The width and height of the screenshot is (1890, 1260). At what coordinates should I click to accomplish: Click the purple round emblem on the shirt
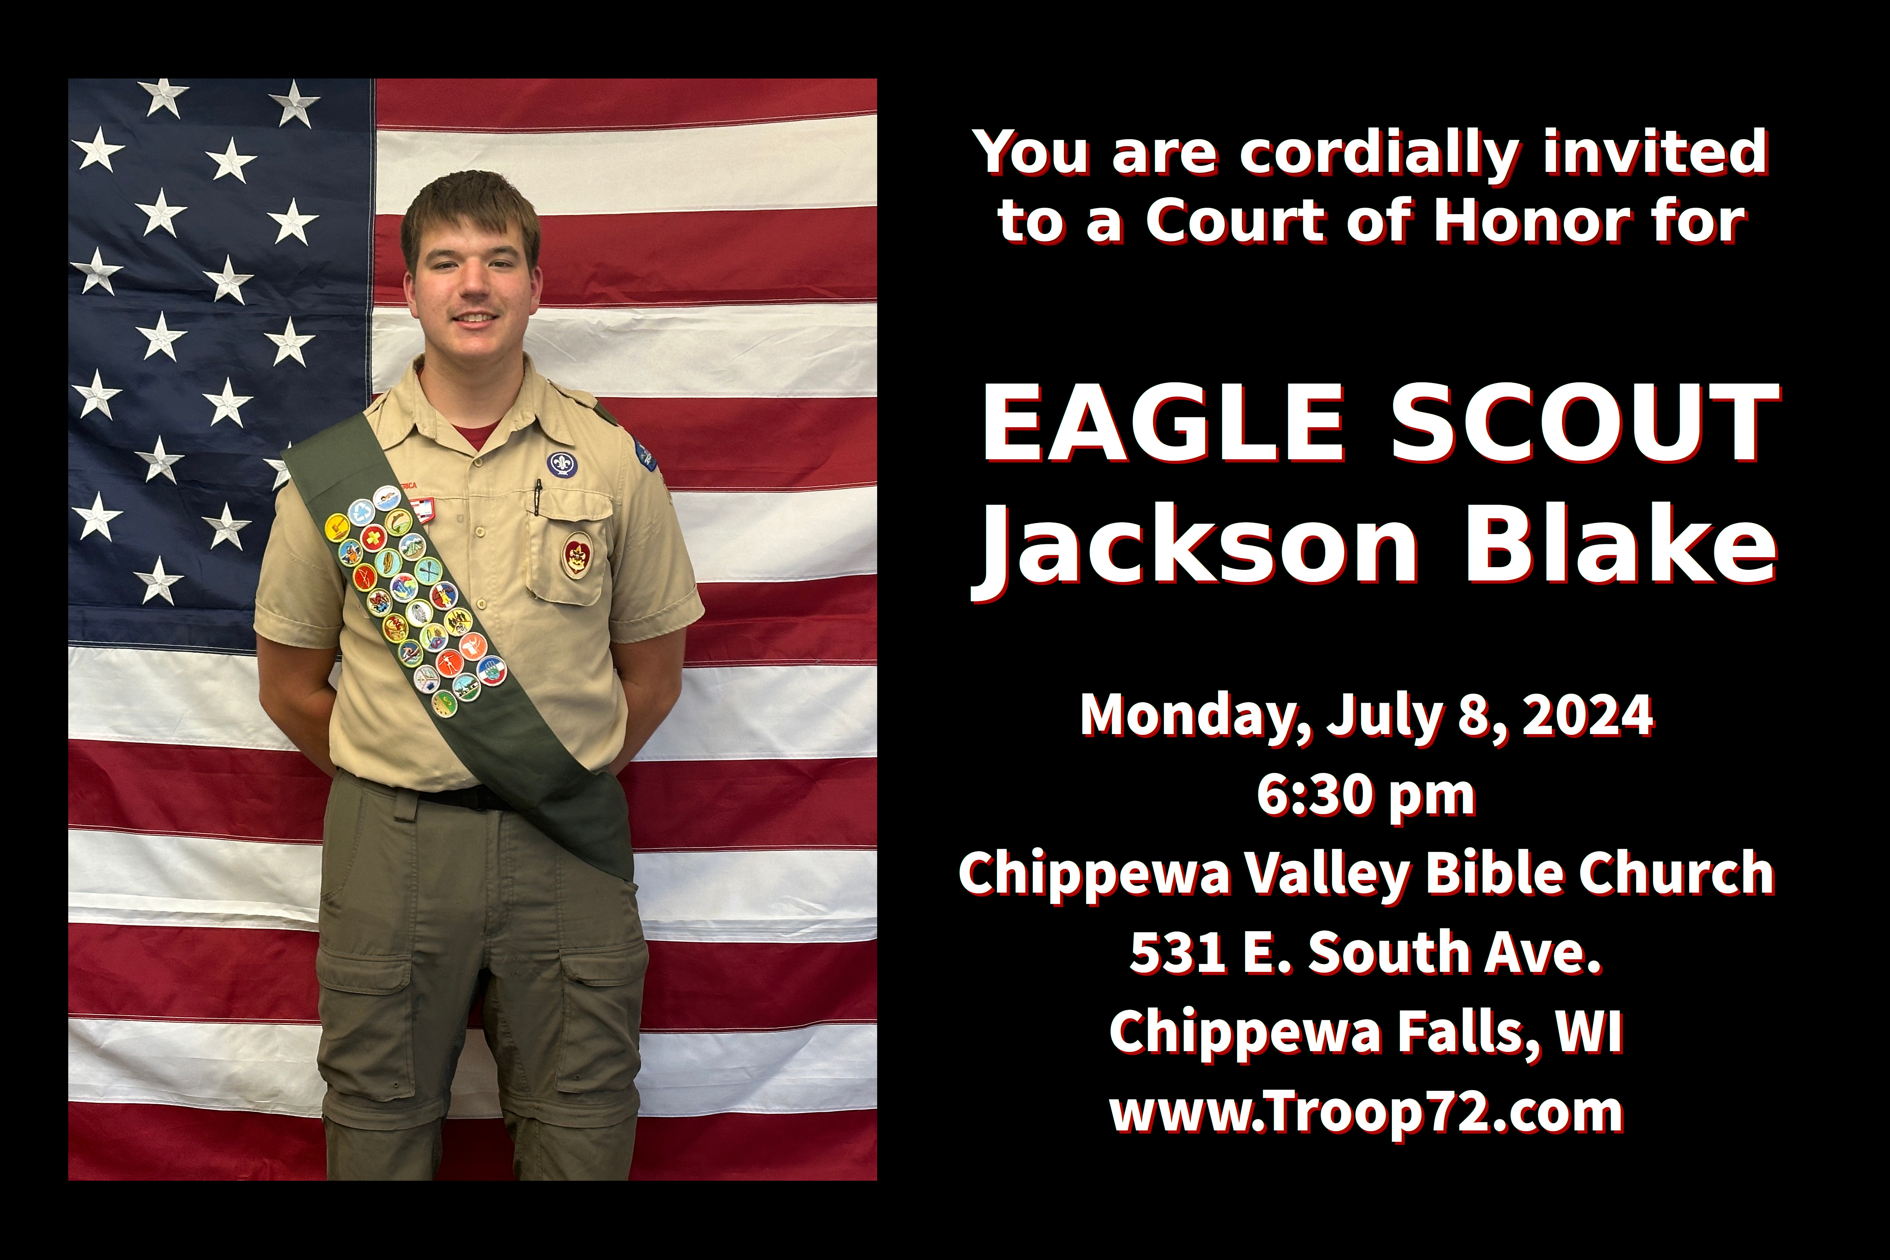click(x=561, y=464)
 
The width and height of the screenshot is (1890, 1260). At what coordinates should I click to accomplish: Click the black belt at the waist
click(x=450, y=794)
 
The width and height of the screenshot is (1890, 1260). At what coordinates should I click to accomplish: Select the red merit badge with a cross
click(x=373, y=537)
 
